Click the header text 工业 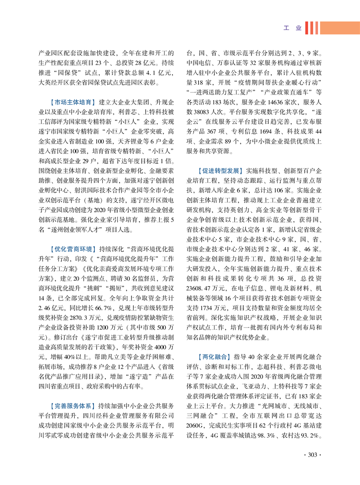(292, 29)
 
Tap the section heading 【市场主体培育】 (67, 102)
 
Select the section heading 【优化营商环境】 (67, 248)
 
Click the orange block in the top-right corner (340, 28)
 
